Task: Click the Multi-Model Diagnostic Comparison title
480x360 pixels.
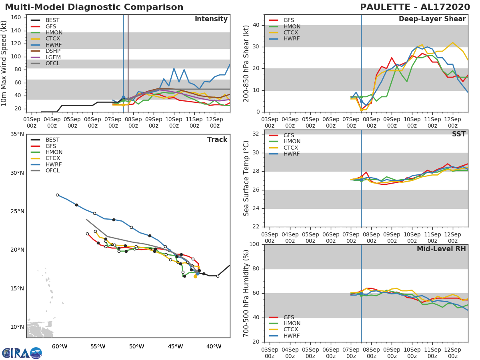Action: pyautogui.click(x=94, y=7)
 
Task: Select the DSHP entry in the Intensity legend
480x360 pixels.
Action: pyautogui.click(x=53, y=51)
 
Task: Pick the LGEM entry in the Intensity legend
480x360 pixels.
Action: pyautogui.click(x=53, y=57)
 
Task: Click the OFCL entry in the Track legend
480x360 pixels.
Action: pyautogui.click(x=53, y=171)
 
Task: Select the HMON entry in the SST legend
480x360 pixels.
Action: pyautogui.click(x=292, y=142)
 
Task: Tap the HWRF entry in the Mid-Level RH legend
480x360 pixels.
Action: pyautogui.click(x=291, y=336)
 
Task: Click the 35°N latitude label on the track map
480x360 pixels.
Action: pyautogui.click(x=17, y=134)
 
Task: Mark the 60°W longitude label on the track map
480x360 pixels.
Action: pyautogui.click(x=59, y=346)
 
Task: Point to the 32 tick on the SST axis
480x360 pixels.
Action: pyautogui.click(x=257, y=134)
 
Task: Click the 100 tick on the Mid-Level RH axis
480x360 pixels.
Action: pyautogui.click(x=255, y=244)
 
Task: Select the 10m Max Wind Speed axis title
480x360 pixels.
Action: pyautogui.click(x=4, y=64)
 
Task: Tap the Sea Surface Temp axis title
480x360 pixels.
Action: pyautogui.click(x=247, y=179)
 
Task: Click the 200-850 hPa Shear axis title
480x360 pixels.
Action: pyautogui.click(x=247, y=64)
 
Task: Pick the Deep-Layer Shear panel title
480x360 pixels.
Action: pyautogui.click(x=432, y=19)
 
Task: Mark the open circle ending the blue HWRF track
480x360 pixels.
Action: pyautogui.click(x=57, y=195)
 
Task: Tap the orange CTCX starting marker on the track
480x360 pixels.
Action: pyautogui.click(x=195, y=276)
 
